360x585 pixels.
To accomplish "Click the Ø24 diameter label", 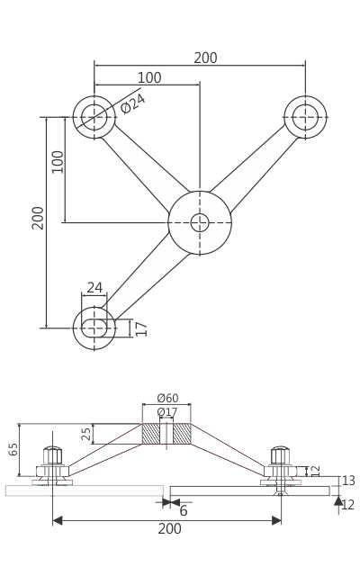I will pos(133,103).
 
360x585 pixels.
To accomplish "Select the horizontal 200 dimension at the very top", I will pos(205,58).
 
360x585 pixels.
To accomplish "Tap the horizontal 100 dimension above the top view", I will pos(149,78).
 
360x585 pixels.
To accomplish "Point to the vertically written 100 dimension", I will pos(58,161).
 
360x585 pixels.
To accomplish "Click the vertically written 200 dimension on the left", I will pos(38,217).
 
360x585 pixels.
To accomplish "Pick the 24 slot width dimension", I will pos(94,288).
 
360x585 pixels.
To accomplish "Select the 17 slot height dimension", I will pos(141,328).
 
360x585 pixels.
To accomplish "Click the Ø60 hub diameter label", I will pos(167,399).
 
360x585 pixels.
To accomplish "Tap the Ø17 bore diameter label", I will pos(167,412).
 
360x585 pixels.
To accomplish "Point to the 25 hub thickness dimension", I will pos(86,434).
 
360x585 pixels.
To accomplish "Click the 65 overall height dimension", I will pos(13,448).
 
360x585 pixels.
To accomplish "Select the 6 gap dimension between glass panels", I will pos(184,511).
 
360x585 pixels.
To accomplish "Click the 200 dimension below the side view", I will pos(169,529).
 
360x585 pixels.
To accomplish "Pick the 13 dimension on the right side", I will pos(348,481).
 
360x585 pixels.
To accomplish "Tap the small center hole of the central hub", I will pos(200,222).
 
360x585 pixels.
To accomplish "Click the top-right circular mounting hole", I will pos(305,117).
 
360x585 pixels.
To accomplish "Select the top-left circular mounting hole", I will pos(94,117).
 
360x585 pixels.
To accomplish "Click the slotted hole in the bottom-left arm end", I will pos(94,328).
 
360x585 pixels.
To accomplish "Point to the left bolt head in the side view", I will pos(53,455).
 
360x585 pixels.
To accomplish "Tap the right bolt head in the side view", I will pos(280,455).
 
